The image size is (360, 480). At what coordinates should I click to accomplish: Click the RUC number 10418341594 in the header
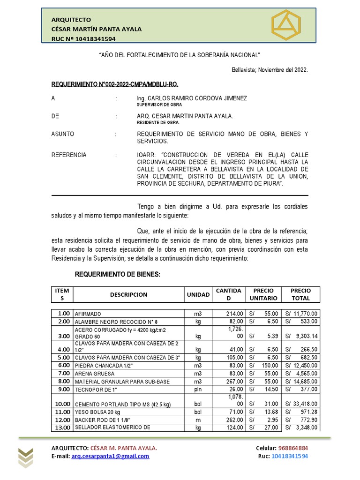[x=92, y=39]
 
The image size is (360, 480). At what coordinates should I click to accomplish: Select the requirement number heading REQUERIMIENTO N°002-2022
[x=114, y=84]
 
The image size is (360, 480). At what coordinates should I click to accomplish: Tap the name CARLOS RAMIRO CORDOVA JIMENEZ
[x=192, y=98]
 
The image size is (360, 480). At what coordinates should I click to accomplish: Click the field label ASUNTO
[x=63, y=134]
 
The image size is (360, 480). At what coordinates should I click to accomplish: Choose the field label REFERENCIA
[x=69, y=155]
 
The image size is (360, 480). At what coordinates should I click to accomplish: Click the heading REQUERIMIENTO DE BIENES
[x=118, y=274]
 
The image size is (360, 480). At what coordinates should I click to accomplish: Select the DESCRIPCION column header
[x=128, y=295]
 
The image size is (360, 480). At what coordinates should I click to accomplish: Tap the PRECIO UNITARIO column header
[x=263, y=294]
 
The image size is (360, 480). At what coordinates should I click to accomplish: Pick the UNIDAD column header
[x=198, y=295]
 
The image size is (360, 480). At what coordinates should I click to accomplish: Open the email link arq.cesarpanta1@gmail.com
[x=111, y=456]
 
